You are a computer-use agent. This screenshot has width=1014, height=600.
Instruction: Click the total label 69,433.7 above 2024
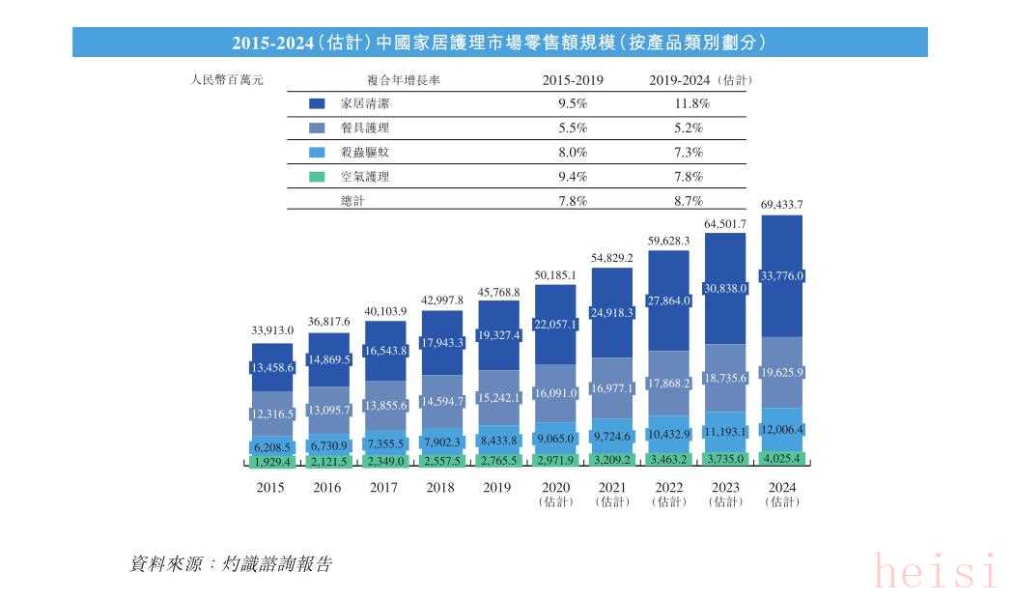tap(782, 205)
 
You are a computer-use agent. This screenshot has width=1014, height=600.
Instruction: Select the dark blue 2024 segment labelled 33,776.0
tap(782, 276)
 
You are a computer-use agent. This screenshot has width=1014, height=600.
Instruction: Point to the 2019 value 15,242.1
tap(499, 397)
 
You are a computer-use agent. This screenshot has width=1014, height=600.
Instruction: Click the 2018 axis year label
tap(441, 488)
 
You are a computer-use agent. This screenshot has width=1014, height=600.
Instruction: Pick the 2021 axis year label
tap(612, 488)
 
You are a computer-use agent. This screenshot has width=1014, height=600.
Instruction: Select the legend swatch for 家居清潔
tap(317, 103)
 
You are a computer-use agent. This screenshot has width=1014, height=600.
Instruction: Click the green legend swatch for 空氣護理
tap(317, 177)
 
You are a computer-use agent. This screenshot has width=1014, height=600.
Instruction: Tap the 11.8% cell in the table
tap(691, 103)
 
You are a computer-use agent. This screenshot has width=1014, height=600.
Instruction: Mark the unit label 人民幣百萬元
tap(228, 80)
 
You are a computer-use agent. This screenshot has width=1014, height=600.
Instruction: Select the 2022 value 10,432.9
tap(669, 433)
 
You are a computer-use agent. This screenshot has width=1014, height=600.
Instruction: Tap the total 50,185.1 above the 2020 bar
tap(555, 275)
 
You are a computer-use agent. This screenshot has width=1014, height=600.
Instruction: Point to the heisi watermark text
tap(935, 571)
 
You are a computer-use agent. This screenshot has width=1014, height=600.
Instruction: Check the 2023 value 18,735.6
tap(725, 378)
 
